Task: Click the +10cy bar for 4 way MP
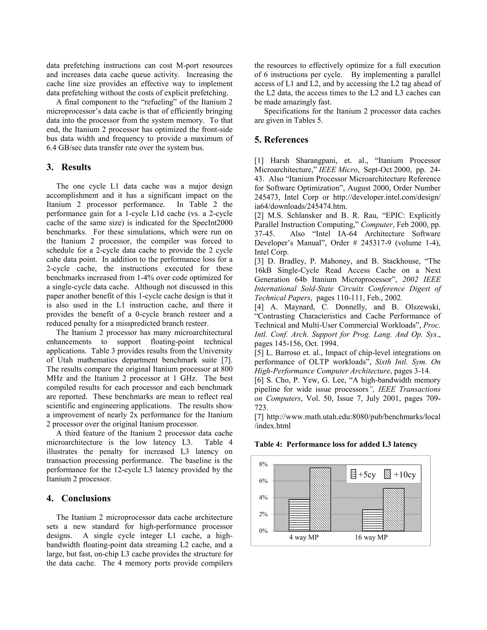(320, 499)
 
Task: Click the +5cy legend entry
(363, 475)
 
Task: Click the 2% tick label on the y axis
(263, 514)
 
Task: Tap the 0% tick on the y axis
(263, 531)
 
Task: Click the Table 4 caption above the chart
(336, 445)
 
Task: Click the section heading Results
(76, 167)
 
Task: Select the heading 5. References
(281, 140)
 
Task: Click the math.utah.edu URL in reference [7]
(353, 417)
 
